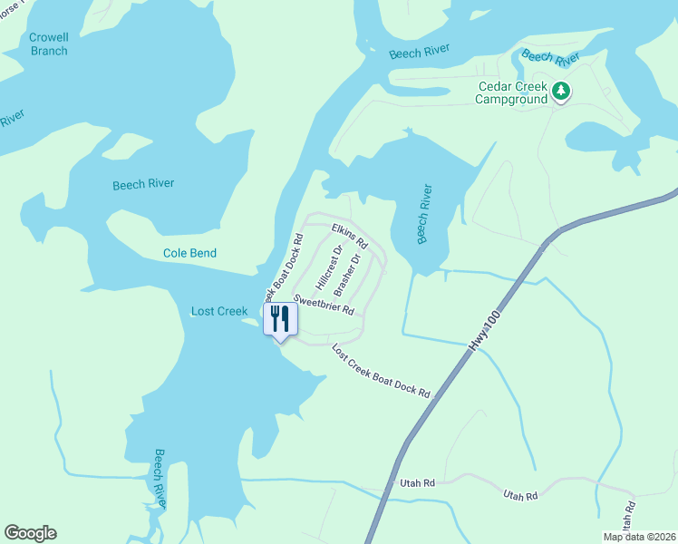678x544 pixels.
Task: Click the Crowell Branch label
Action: point(48,44)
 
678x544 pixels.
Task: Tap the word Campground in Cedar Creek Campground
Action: point(513,100)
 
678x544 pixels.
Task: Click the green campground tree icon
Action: point(562,91)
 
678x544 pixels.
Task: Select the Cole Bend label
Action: point(189,253)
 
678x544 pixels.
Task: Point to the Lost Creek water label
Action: point(219,311)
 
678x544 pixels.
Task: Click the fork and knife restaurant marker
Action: point(280,319)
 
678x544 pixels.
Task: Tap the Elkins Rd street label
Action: point(349,236)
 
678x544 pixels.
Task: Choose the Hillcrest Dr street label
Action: point(327,267)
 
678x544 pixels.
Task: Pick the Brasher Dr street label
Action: point(347,275)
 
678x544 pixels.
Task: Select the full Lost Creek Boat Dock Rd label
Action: point(381,370)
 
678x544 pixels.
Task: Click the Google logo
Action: point(30,533)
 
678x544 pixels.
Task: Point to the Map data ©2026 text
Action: point(638,537)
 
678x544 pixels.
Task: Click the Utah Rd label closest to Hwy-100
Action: point(418,484)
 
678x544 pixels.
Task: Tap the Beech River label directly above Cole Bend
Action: point(143,184)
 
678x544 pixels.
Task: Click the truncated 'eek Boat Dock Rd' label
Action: point(282,267)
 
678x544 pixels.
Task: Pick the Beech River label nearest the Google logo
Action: point(160,478)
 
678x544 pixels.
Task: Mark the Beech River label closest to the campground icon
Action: point(551,58)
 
